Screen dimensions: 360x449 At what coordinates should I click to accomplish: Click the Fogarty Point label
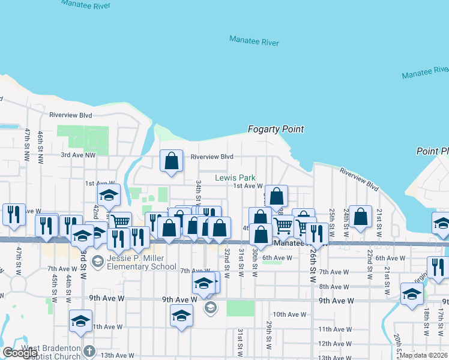tap(276, 129)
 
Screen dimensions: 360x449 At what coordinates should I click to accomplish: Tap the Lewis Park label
tap(235, 178)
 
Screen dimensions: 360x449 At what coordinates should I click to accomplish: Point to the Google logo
tap(20, 353)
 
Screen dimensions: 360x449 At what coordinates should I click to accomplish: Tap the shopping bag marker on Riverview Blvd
tap(172, 161)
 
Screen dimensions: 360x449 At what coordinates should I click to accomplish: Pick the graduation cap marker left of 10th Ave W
tap(181, 315)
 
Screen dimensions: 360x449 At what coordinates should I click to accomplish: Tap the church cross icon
tap(89, 351)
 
